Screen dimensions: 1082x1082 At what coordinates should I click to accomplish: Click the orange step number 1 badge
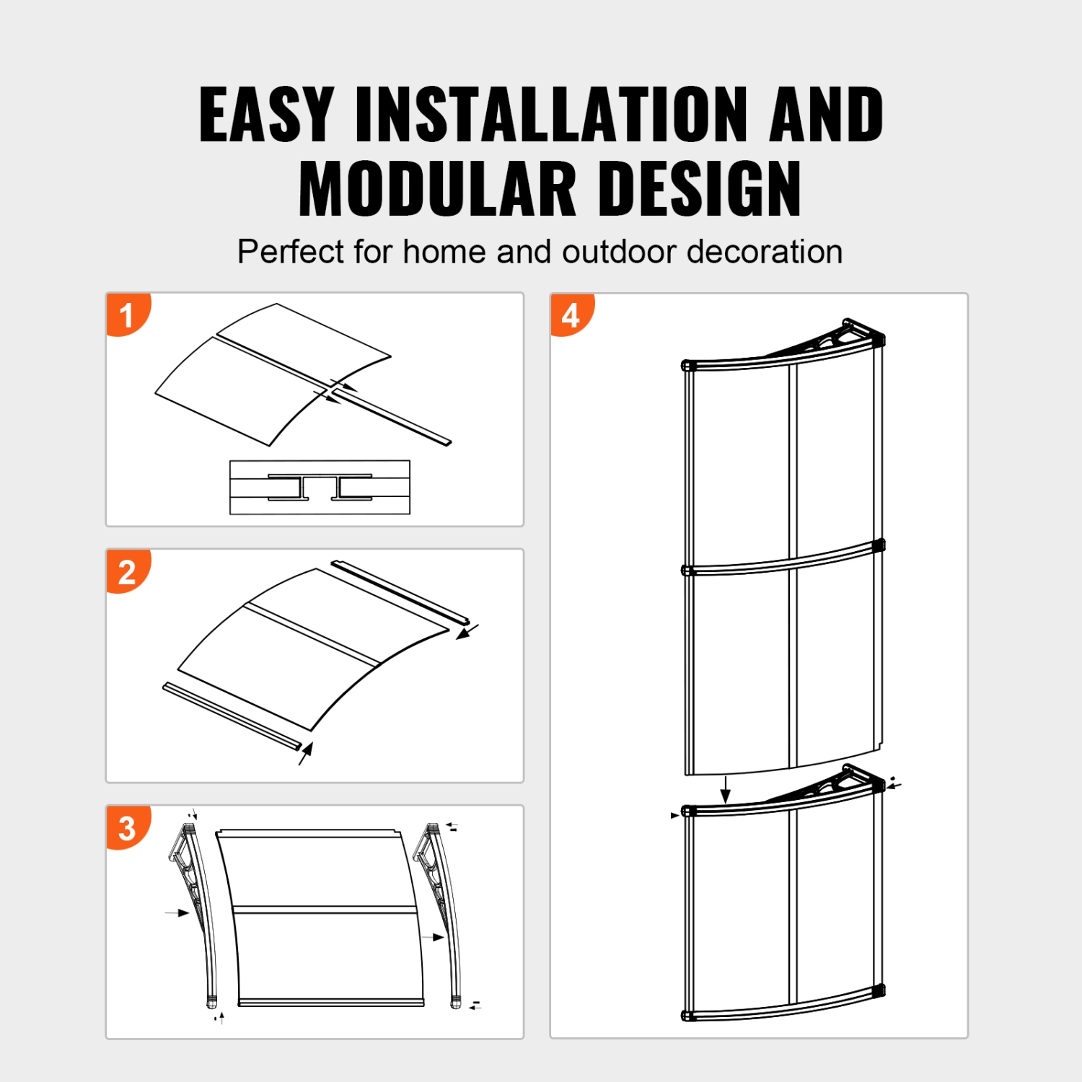[x=128, y=315]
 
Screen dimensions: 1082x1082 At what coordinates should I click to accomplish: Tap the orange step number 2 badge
[x=128, y=572]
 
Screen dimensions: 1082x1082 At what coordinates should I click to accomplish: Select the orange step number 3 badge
[x=128, y=828]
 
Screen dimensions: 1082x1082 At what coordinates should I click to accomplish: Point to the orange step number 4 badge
[x=571, y=315]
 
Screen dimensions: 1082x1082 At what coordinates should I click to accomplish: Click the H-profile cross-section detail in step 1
[x=320, y=488]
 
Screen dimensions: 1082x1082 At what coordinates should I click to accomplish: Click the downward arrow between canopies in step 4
[x=726, y=789]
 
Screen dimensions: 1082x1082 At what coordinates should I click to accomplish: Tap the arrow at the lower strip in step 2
[x=306, y=753]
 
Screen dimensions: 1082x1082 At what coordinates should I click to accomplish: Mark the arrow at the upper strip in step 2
[x=467, y=632]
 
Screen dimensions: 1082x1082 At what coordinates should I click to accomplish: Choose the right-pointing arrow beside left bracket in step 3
[x=177, y=912]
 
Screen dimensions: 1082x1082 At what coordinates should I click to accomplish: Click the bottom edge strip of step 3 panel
[x=331, y=1002]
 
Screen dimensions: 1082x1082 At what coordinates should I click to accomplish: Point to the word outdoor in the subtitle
[x=621, y=252]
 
